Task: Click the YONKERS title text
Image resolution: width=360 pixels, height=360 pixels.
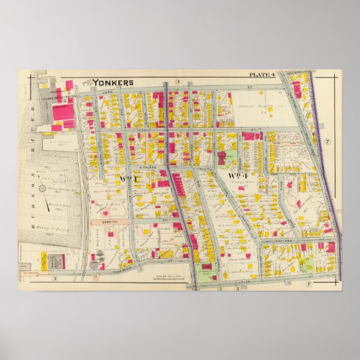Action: coord(112,82)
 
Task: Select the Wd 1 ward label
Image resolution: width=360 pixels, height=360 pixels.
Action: coord(128,179)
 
